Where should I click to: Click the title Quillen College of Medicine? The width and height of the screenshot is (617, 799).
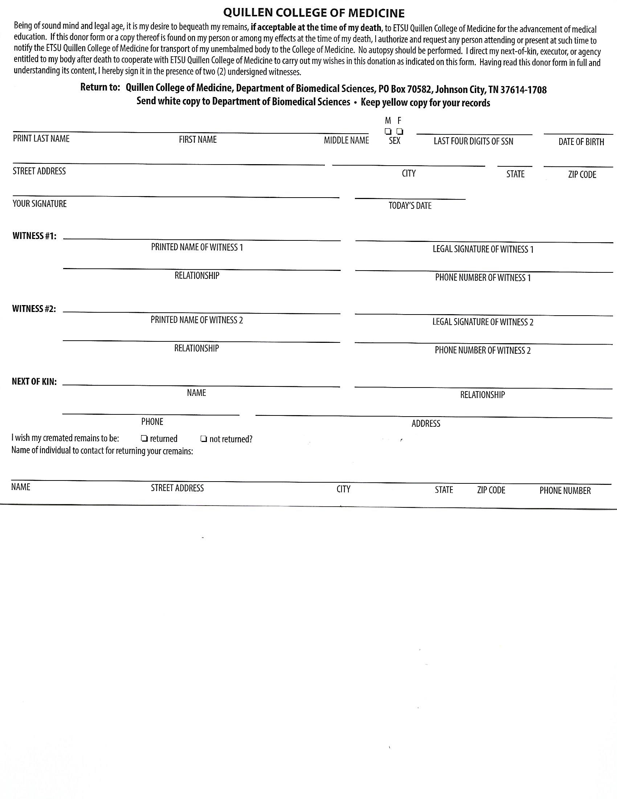click(x=314, y=13)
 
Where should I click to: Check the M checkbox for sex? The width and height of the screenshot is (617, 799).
click(x=388, y=131)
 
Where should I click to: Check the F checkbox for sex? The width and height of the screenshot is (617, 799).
click(x=400, y=131)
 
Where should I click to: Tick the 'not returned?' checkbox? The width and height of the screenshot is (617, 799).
click(x=204, y=439)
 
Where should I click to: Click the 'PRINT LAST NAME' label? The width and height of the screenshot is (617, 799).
click(x=41, y=139)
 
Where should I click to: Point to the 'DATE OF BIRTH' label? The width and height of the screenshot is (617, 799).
click(x=581, y=142)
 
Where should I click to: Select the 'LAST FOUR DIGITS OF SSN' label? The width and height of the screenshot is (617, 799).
click(x=473, y=141)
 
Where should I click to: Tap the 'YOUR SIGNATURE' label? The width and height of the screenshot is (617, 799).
click(x=40, y=204)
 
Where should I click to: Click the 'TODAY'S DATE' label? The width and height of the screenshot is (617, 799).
click(x=410, y=206)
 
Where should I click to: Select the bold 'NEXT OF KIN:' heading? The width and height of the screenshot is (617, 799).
click(x=34, y=382)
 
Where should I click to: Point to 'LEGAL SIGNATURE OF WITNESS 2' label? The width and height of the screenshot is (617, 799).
click(x=483, y=322)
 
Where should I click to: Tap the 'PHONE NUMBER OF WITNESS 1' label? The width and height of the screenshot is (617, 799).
click(x=483, y=278)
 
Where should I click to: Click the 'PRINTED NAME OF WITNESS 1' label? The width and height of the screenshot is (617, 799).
click(x=197, y=247)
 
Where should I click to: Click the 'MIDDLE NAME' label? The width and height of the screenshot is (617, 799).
click(x=346, y=141)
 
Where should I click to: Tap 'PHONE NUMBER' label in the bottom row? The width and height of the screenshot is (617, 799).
click(x=565, y=491)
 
